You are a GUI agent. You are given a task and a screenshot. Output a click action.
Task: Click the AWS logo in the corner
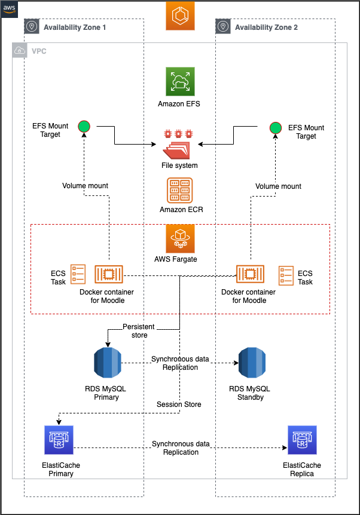[10, 10]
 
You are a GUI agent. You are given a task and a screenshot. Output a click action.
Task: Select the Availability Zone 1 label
[75, 27]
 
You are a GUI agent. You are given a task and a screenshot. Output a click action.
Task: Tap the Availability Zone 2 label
[266, 27]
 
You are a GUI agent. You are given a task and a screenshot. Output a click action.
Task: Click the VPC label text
[39, 51]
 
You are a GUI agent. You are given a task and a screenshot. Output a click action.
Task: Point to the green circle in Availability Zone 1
[84, 126]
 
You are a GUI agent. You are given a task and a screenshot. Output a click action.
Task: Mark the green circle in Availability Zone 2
[275, 128]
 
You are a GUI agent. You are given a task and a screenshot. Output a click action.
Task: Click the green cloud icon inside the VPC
[180, 81]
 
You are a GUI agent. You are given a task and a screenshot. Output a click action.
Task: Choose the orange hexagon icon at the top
[180, 16]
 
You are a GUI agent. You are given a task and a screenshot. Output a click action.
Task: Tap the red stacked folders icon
[176, 151]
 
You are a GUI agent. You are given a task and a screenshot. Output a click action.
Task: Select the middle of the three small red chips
[178, 133]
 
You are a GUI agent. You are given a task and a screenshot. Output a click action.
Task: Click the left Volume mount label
[85, 186]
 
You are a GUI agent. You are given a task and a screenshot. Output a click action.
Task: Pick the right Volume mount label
[278, 186]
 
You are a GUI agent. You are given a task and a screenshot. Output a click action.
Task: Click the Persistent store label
[139, 331]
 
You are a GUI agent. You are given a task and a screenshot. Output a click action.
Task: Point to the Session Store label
[179, 404]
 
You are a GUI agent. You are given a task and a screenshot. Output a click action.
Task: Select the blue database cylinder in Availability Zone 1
[108, 363]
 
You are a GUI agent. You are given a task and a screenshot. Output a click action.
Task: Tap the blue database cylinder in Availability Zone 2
[252, 363]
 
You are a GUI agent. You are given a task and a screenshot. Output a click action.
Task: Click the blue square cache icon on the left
[59, 440]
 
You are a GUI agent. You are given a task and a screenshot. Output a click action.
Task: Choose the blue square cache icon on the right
[302, 440]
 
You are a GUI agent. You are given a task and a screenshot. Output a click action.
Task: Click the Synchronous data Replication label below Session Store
[181, 448]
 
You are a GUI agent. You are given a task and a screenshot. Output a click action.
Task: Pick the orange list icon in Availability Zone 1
[78, 274]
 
